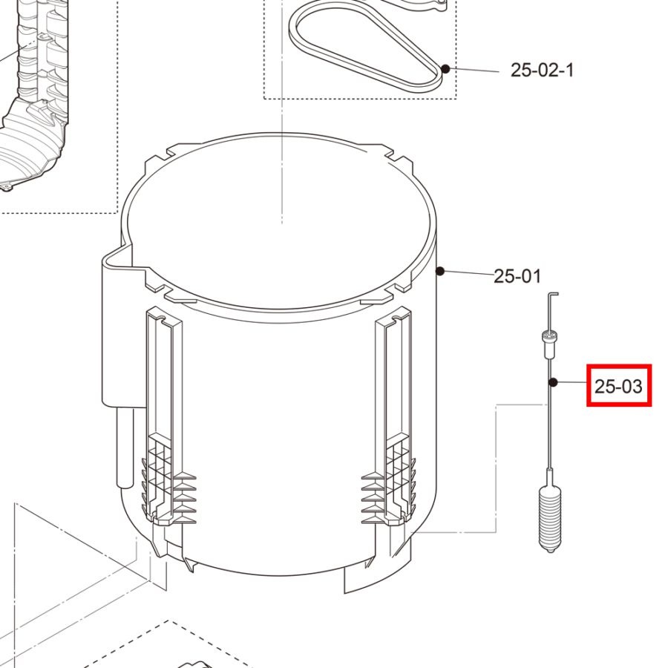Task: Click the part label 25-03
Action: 618,386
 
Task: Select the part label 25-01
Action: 517,276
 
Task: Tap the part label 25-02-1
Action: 543,70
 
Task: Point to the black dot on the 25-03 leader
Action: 553,382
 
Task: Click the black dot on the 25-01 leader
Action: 440,271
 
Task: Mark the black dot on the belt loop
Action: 445,68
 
